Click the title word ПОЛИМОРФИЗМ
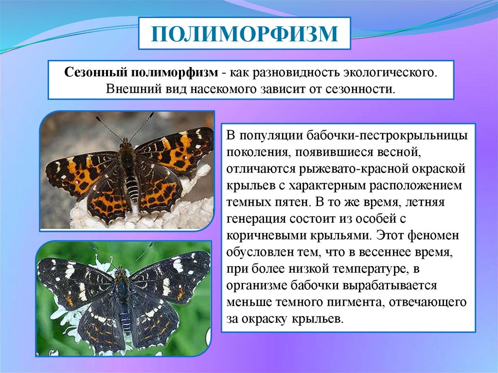click(x=244, y=34)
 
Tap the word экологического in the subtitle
click(x=390, y=73)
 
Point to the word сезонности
click(x=360, y=89)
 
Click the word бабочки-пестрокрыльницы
click(x=387, y=136)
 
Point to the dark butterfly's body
click(x=123, y=296)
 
